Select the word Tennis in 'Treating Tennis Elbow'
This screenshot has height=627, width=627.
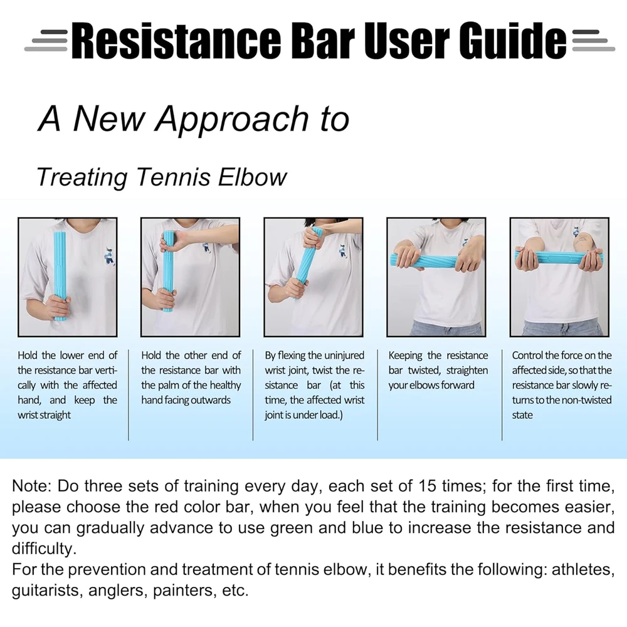coord(171,177)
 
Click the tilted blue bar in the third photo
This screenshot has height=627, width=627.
coord(307,270)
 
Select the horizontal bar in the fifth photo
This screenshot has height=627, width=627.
coord(558,257)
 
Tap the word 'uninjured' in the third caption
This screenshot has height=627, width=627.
coord(344,356)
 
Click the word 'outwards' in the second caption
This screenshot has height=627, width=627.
coord(208,400)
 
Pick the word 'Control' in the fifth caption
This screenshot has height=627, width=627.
coord(529,356)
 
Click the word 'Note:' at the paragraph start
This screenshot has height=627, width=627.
coord(32,486)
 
